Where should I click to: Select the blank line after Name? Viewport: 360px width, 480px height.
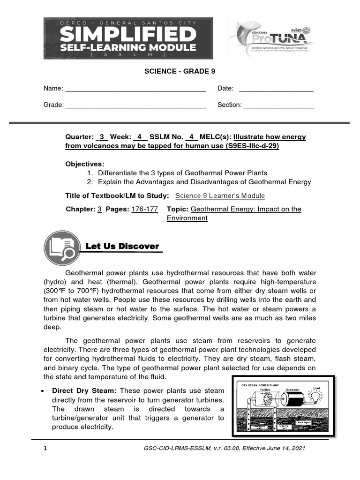point(135,89)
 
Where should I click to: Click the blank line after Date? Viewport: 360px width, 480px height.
point(276,89)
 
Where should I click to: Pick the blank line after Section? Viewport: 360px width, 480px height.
point(278,105)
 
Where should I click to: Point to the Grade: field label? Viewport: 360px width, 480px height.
point(53,105)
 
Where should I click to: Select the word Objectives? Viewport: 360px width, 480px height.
point(85,164)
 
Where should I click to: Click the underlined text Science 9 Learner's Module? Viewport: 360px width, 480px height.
point(220,196)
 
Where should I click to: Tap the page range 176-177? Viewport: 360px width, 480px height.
point(144,209)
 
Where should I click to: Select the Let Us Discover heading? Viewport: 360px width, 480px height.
point(122,246)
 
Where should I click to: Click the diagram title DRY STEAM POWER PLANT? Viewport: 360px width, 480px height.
point(260,385)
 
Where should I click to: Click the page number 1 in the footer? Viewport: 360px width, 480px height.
point(45,448)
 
